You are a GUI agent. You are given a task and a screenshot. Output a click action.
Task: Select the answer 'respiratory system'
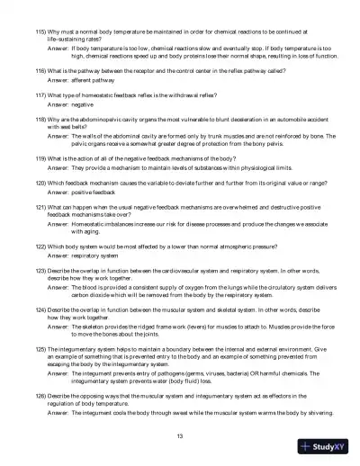click(x=94, y=256)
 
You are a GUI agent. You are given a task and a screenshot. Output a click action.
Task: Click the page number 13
click(x=181, y=435)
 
